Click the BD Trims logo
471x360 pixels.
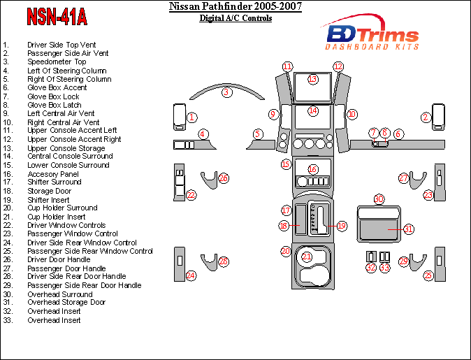[372, 36]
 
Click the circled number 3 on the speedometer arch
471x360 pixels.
[226, 92]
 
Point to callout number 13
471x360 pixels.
[312, 79]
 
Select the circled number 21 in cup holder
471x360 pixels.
[307, 257]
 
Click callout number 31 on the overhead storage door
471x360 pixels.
[409, 229]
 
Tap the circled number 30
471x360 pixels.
[379, 199]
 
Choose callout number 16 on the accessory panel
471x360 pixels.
[312, 169]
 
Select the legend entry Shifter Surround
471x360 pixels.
[55, 182]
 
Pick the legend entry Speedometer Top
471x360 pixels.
[57, 62]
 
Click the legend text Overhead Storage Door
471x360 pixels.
[66, 303]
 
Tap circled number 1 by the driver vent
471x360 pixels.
[191, 117]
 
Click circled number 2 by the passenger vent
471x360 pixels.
[425, 117]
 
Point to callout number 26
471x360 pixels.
[224, 178]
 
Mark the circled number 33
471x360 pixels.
[384, 267]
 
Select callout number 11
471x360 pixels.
[287, 67]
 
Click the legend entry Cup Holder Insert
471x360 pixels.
[57, 217]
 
